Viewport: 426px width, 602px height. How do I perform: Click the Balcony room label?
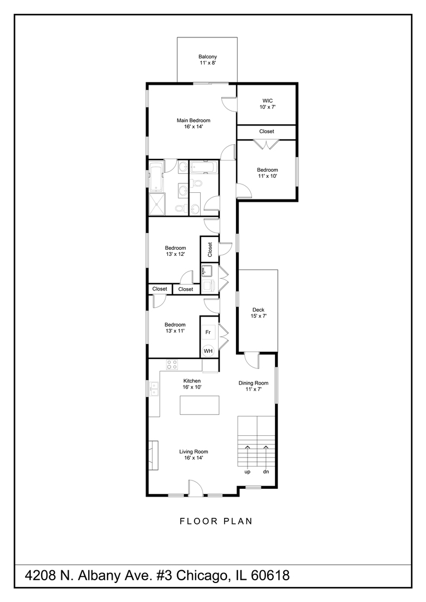207,60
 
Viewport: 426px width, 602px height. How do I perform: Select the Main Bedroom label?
193,123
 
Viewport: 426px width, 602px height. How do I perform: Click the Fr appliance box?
208,333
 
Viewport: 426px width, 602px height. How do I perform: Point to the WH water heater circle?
208,351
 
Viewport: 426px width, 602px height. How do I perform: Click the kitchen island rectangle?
199,405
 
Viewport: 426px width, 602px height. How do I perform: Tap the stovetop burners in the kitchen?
172,365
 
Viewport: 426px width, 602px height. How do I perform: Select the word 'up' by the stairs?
247,472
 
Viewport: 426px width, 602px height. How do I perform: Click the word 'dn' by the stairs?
266,472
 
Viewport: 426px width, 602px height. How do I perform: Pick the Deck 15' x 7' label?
258,313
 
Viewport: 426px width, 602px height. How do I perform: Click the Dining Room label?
254,386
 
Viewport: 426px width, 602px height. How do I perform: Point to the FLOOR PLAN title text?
216,522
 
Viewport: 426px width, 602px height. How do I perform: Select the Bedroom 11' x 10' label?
267,173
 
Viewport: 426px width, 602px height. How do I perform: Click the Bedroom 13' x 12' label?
175,251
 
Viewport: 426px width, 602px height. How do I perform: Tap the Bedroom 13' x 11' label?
175,328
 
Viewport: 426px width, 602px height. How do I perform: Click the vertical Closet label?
210,249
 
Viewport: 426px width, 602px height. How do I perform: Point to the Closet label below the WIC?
267,132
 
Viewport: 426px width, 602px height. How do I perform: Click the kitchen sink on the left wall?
154,389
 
